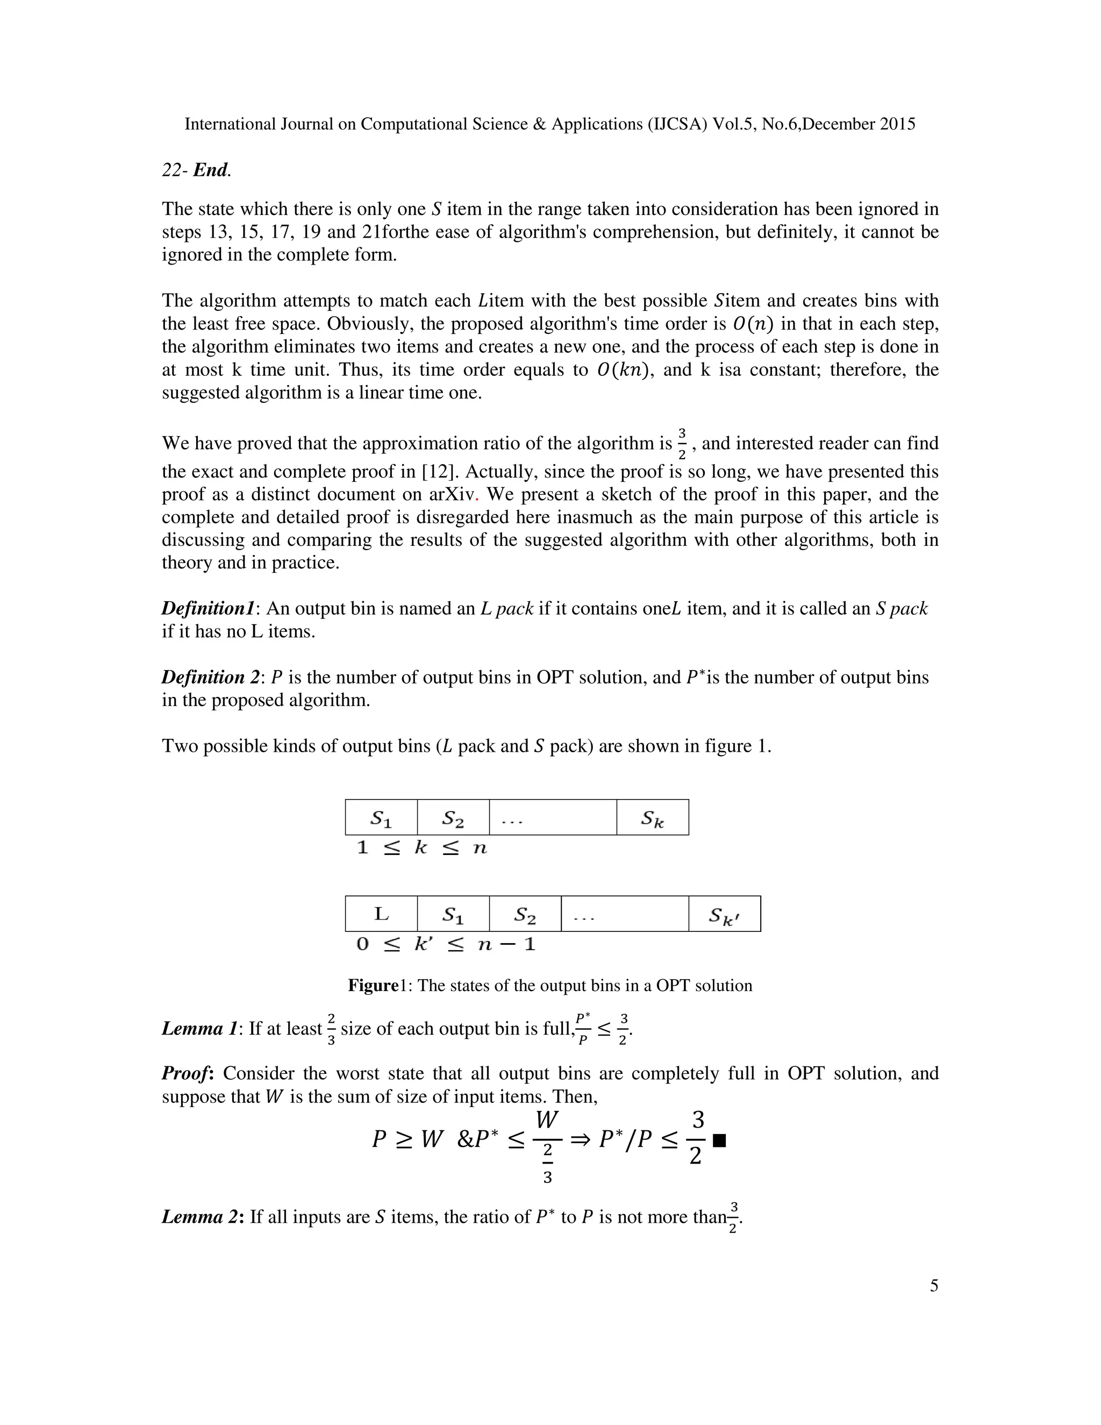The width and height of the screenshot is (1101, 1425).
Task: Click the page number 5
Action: coord(933,1285)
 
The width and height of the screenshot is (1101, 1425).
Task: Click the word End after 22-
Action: coord(211,170)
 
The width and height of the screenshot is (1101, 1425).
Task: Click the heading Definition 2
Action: coord(210,677)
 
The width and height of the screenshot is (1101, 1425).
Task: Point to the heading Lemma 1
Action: coord(199,1029)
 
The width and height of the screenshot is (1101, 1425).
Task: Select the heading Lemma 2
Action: coord(202,1217)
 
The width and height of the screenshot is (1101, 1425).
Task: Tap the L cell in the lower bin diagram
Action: coord(381,914)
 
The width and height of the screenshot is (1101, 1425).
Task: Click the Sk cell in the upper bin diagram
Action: coord(652,817)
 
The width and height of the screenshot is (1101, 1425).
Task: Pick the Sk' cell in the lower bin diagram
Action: coord(724,915)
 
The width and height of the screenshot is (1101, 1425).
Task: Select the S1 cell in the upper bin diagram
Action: coord(381,817)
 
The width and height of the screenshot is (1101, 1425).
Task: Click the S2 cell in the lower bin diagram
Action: coord(524,915)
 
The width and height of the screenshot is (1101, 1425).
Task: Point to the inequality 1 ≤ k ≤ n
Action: coord(421,848)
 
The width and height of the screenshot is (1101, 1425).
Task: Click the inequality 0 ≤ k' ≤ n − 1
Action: coord(446,944)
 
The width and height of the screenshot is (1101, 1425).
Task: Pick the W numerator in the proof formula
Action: coord(547,1120)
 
